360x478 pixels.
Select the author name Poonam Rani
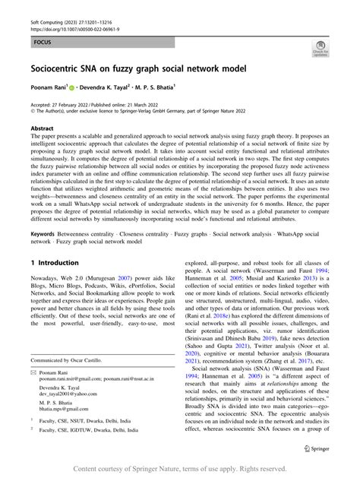tap(48, 89)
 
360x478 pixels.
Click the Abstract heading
tap(42, 129)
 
